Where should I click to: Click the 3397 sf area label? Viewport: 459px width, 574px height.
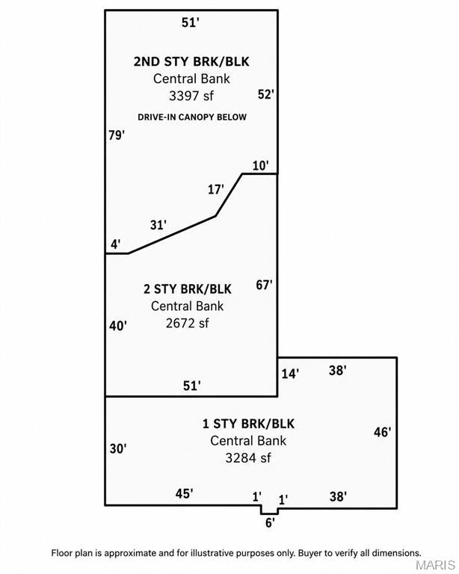point(191,96)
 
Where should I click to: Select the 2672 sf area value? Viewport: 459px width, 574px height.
point(187,323)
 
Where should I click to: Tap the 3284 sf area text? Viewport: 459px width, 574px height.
point(248,458)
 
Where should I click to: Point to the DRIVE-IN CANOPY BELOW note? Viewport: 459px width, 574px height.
point(192,117)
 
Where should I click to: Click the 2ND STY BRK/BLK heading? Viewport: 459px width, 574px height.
point(191,61)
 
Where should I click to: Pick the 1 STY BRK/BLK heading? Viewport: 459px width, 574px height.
point(248,424)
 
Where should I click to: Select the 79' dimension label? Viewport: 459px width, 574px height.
point(117,135)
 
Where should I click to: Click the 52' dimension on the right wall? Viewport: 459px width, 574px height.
point(265,94)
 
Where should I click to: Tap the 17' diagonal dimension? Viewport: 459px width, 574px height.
point(216,190)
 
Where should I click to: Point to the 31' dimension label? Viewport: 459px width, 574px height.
point(158,225)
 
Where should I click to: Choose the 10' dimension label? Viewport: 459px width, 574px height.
point(261,166)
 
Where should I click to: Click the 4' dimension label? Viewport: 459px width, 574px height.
point(116,244)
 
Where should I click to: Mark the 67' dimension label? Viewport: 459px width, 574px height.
point(265,285)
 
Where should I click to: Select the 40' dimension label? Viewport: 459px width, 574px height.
point(118,326)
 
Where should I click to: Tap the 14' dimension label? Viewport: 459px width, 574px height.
point(290,374)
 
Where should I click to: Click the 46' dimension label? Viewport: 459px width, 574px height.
point(383,432)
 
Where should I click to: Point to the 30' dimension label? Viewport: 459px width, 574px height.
point(118,448)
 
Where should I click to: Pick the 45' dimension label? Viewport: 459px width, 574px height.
point(184,494)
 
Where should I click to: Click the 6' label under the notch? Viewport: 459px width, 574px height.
point(270,523)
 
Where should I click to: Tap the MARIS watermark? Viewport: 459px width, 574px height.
point(435,565)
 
